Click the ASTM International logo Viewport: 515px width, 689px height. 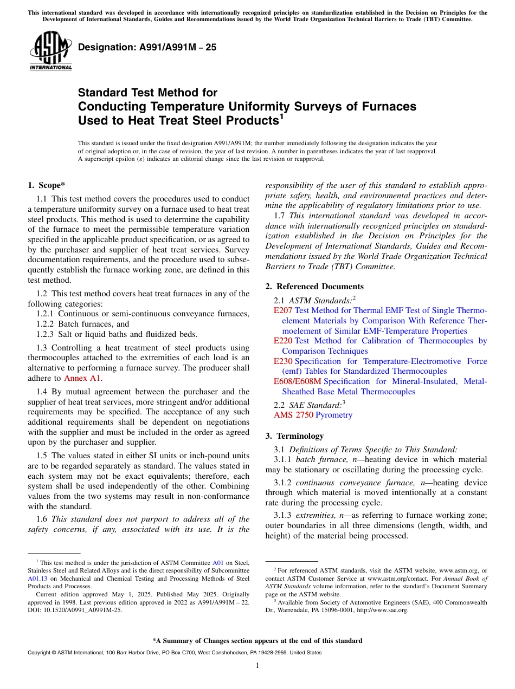(x=50, y=50)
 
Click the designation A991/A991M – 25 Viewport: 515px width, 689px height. (x=147, y=48)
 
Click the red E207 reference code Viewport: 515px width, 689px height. (x=283, y=310)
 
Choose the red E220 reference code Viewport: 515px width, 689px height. (x=283, y=341)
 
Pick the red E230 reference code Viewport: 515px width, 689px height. (x=283, y=361)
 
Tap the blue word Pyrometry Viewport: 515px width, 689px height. (x=334, y=415)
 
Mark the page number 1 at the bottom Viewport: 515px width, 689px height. (x=257, y=665)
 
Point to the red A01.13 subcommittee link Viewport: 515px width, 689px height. (x=36, y=578)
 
